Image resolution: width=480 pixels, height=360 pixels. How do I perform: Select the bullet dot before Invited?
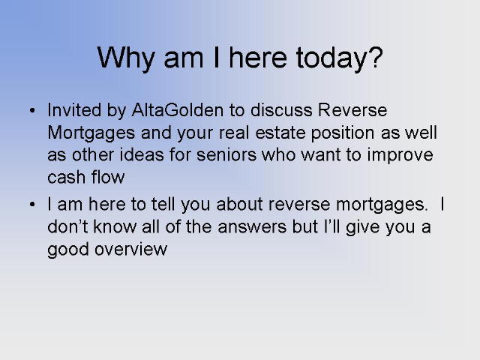click(32, 110)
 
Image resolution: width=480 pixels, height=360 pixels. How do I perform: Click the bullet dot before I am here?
click(32, 205)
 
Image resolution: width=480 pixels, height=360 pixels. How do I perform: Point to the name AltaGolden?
click(178, 110)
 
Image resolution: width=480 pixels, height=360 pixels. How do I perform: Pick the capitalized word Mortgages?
click(91, 133)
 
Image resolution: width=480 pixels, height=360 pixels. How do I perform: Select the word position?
click(343, 133)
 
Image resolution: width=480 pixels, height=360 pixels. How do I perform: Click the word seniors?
click(226, 155)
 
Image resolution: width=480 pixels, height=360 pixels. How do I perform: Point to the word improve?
click(400, 155)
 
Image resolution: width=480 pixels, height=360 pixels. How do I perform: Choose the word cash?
click(67, 178)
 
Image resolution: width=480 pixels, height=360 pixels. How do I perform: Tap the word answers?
click(252, 227)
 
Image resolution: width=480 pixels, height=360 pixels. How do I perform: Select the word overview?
click(131, 249)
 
